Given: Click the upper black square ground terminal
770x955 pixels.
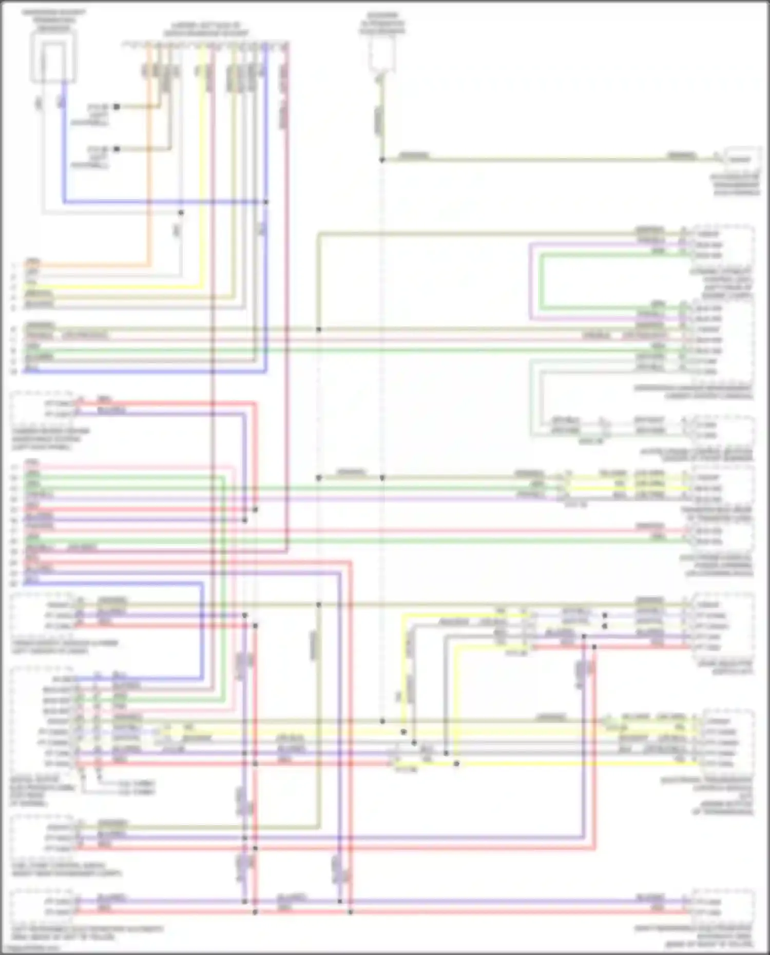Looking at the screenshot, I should tap(117, 107).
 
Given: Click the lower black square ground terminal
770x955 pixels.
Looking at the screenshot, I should tap(117, 149).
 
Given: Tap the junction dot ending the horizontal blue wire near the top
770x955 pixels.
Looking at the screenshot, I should tap(266, 202).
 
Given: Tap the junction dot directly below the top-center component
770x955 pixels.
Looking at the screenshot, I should tap(382, 160).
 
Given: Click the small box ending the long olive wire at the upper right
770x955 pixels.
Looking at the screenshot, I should tap(741, 159).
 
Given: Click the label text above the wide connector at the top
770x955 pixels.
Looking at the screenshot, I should tap(205, 29).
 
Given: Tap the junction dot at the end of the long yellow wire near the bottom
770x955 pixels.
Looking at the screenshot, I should tap(456, 764).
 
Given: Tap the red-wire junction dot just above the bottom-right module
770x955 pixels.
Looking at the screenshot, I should tap(351, 912).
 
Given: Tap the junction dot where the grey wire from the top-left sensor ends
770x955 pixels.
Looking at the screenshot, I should tap(181, 212).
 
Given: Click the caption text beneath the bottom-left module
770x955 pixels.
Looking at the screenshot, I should tap(87, 932).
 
